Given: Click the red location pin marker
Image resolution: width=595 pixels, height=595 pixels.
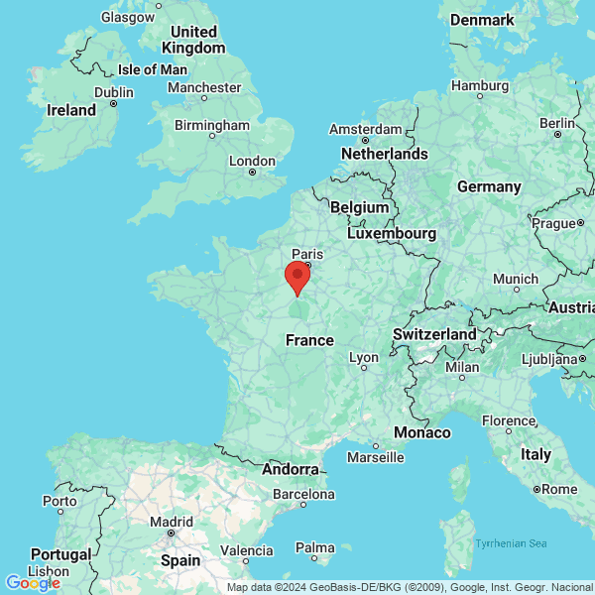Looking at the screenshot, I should pos(297,278).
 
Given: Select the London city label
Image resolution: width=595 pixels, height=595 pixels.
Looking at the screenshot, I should pos(252,161).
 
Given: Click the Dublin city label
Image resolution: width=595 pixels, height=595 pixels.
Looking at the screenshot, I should pos(113,92).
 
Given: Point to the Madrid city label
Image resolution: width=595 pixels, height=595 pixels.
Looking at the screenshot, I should pos(172,522).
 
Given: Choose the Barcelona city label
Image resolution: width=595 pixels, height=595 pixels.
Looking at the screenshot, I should pos(303,493).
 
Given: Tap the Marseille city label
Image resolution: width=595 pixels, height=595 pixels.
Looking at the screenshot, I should pos(375,457).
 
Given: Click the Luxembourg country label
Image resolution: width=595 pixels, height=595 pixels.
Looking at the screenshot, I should pos(392,233).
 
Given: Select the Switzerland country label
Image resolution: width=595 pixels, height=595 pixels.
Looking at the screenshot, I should pos(433,334).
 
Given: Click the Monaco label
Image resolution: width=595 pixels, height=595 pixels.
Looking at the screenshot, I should pos(422,432).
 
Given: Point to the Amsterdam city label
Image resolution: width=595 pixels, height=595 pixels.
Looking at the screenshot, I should pos(365,130).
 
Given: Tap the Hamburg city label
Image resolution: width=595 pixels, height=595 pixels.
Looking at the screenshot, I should pos(479,85).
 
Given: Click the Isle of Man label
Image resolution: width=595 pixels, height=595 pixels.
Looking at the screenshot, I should pos(152,69).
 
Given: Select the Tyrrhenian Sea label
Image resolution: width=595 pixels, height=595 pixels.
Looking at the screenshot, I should pos(511,542).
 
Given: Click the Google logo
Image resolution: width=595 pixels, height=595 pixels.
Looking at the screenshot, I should pos(33,582).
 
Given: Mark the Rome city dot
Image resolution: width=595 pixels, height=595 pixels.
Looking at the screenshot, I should pos(536,489).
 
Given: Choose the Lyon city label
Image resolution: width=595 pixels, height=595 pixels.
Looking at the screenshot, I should pos(364,357).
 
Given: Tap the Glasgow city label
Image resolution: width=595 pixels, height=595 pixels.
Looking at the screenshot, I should pos(128,17).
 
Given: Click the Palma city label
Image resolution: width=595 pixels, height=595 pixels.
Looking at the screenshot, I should pos(315,547).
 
